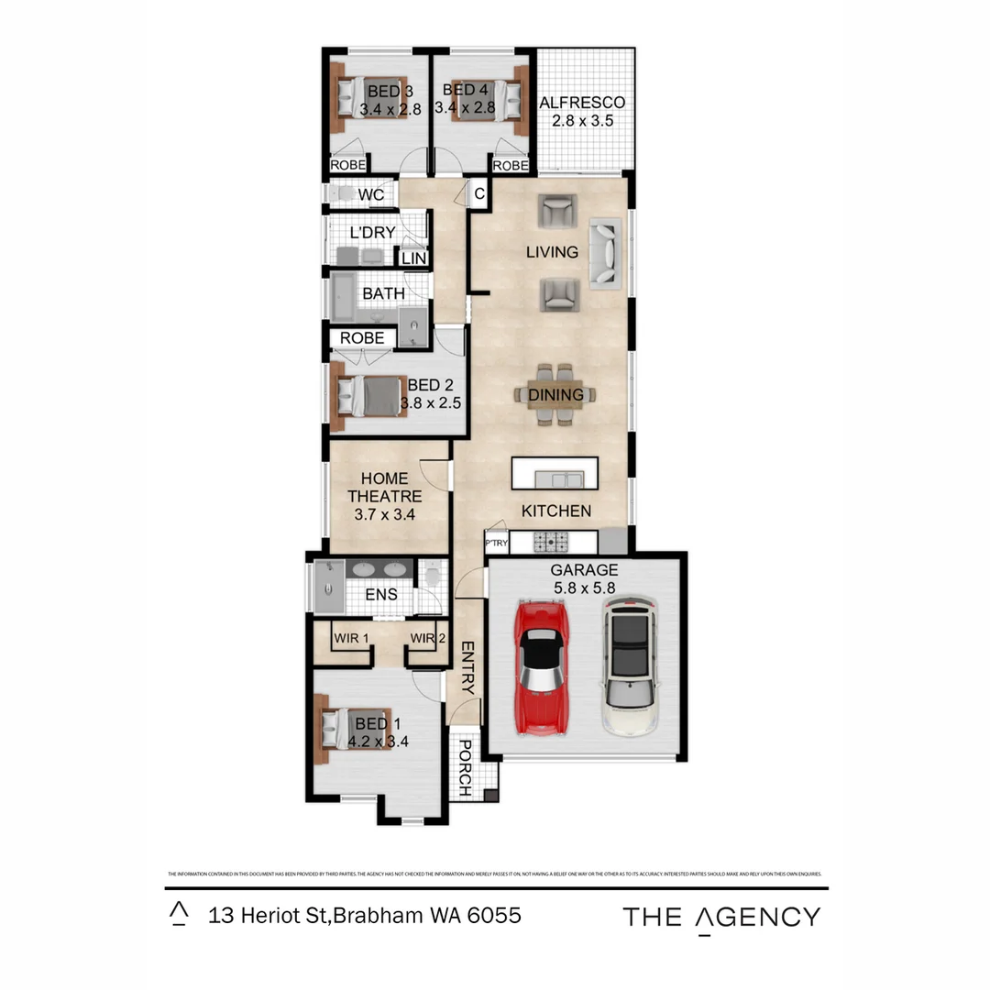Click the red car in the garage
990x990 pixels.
(542, 668)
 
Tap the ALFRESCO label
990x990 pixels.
(582, 103)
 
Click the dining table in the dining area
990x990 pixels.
(555, 395)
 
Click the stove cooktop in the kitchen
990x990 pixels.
(552, 542)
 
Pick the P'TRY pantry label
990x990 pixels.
(496, 543)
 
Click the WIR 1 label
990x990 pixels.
(351, 638)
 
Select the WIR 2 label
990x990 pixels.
(427, 638)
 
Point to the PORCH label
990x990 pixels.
(465, 766)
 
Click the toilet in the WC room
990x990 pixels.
(341, 194)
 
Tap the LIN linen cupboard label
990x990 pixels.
(414, 258)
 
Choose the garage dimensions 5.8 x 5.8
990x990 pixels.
(585, 587)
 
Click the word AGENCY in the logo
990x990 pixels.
(756, 917)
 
